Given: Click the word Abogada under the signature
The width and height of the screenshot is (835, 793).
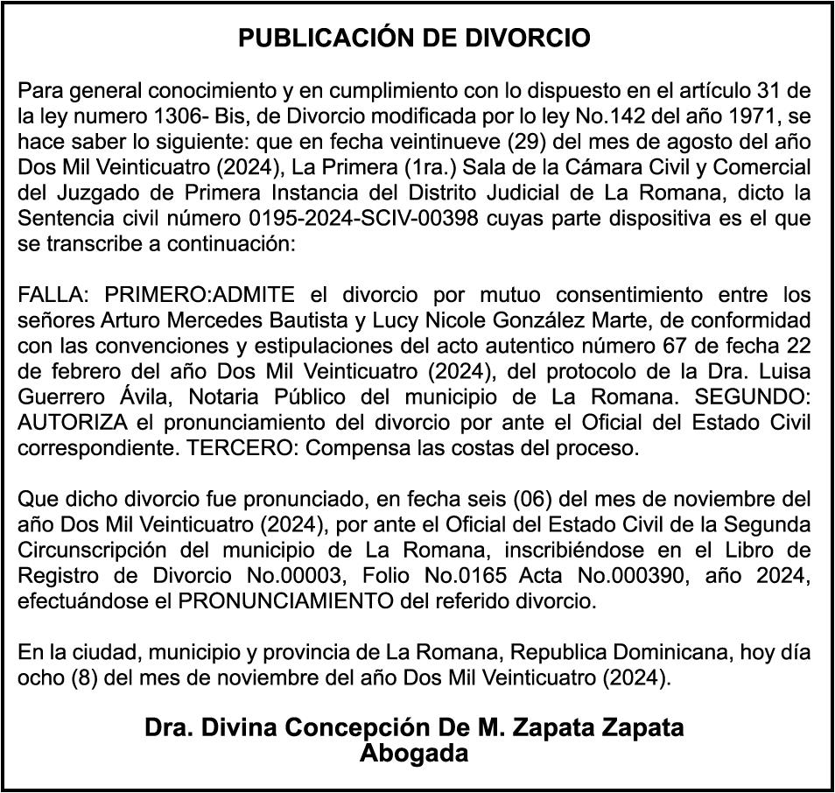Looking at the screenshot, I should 415,753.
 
